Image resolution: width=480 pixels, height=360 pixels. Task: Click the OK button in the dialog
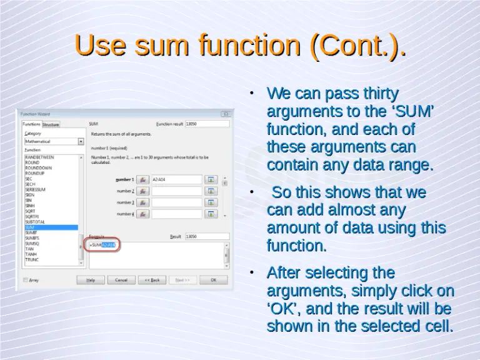click(214, 280)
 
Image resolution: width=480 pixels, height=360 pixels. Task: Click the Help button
click(91, 280)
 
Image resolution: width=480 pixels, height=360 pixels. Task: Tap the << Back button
click(152, 280)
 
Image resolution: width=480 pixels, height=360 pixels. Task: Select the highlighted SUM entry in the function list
click(50, 227)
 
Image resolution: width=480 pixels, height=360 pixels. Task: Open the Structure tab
click(51, 124)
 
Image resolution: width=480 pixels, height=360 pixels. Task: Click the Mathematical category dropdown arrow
click(81, 142)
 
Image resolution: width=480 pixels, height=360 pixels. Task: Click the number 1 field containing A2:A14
click(177, 179)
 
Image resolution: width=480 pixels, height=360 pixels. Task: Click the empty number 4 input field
click(177, 214)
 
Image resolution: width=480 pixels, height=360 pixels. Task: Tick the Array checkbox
click(26, 280)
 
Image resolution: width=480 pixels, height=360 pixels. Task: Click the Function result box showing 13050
click(207, 124)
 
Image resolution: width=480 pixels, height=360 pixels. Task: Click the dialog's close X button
click(226, 114)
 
